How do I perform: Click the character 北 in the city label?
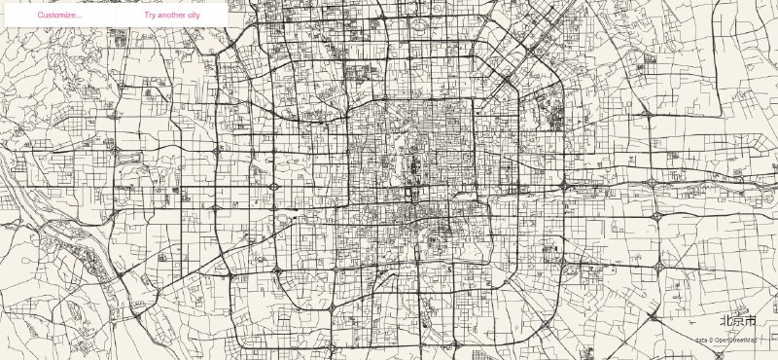pyautogui.click(x=725, y=320)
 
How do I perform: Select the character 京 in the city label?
pyautogui.click(x=738, y=320)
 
